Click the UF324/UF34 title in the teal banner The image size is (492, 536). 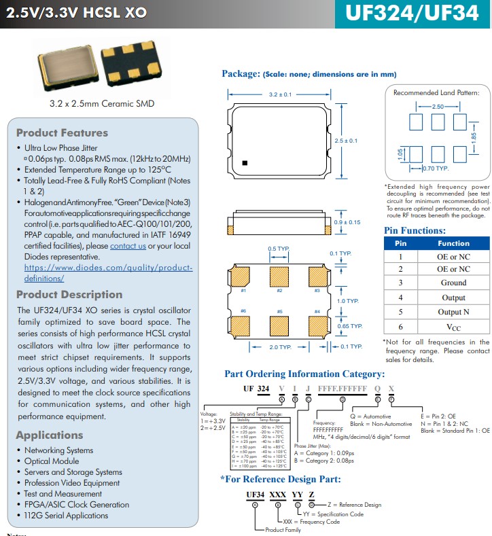[x=412, y=14]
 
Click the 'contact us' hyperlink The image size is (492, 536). [x=128, y=246]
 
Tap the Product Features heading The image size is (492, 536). [x=62, y=133]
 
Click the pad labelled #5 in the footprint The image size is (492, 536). [x=279, y=322]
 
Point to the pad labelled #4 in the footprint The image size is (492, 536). [x=317, y=322]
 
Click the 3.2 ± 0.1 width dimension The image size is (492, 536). [x=280, y=94]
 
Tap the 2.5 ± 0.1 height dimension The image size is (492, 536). [x=346, y=141]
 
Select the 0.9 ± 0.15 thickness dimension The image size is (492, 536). [x=347, y=222]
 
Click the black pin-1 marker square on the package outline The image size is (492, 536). [x=245, y=162]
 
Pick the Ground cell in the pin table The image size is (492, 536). [x=453, y=283]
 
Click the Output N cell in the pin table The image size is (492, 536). [x=453, y=312]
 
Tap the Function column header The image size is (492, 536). [x=453, y=243]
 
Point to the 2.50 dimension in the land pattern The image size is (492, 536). [x=438, y=107]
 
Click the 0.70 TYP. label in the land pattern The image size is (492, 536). [x=436, y=168]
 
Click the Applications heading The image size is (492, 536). [x=50, y=435]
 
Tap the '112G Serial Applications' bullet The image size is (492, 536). [x=66, y=516]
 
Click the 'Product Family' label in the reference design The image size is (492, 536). [x=283, y=530]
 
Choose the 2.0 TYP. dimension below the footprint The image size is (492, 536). [x=279, y=346]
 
